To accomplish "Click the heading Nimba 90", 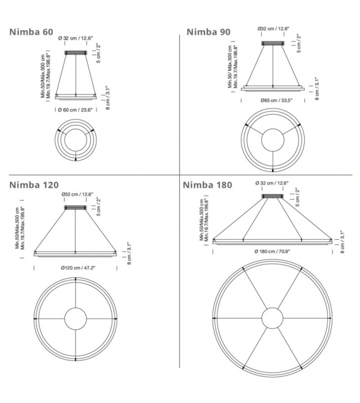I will (x=208, y=31).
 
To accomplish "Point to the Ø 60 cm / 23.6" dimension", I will (x=75, y=110).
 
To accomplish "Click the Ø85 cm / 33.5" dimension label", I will (x=273, y=100).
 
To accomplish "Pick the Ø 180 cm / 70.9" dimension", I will (x=273, y=250).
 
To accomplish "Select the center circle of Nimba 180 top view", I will (x=272, y=318).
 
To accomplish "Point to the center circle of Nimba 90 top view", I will (x=273, y=139).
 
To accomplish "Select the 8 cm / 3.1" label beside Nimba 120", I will (x=129, y=254).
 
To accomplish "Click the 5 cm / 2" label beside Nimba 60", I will (x=98, y=54).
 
